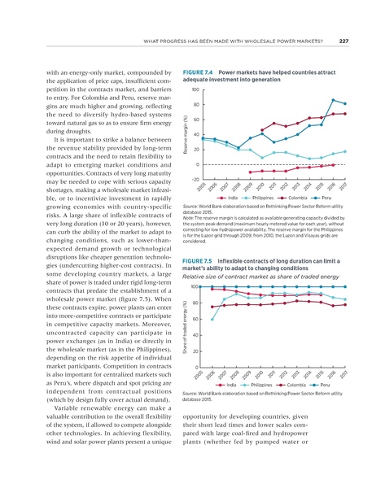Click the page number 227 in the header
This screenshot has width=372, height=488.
pos(344,43)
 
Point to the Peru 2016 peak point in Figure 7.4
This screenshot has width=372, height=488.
pos(334,100)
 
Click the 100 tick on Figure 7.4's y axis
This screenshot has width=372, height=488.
pos(195,89)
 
